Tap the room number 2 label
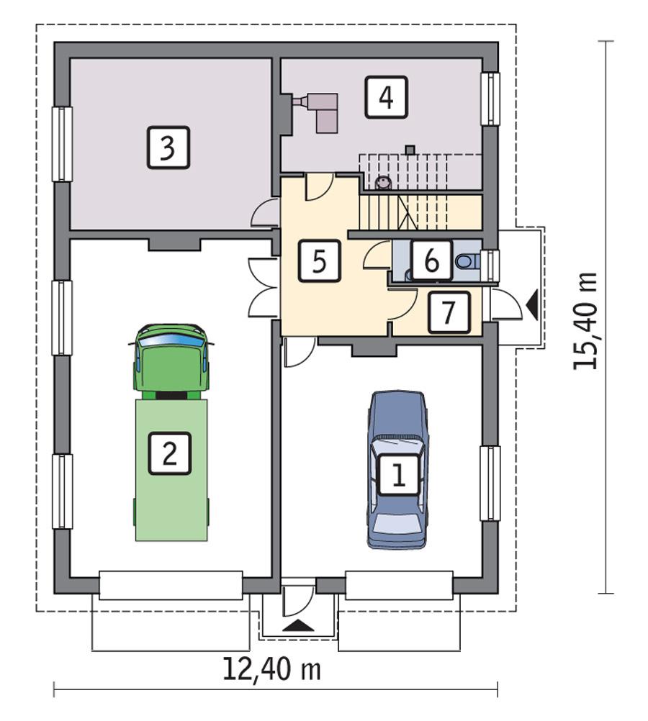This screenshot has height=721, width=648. (169, 453)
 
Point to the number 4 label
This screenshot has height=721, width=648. (385, 97)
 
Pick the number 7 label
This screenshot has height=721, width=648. (449, 312)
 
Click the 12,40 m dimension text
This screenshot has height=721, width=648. (271, 669)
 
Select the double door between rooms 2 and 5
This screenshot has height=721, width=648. (261, 286)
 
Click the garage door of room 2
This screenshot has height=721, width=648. (171, 585)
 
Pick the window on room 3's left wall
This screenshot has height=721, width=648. (64, 144)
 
